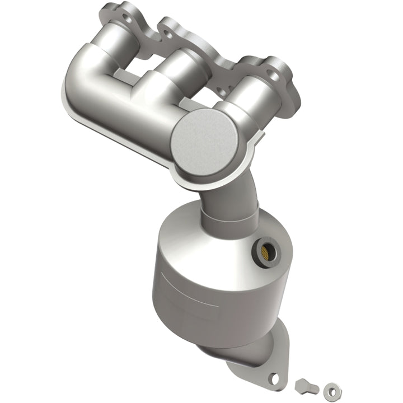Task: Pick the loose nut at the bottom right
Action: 331,387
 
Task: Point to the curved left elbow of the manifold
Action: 84,78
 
